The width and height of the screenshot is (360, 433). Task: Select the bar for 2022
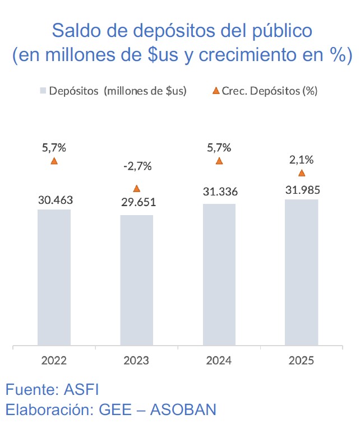point(54,277)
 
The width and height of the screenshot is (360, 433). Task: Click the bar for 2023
point(136,280)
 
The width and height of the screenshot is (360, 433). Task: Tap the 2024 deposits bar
point(219,274)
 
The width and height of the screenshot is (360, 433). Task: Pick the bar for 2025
point(302,273)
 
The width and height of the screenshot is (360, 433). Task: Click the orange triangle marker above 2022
point(54,161)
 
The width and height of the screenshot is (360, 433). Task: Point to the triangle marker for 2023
point(136,189)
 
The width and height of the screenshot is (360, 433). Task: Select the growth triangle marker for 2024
point(219,161)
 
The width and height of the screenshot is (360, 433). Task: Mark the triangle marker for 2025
point(302,173)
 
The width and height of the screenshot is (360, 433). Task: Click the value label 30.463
point(56,199)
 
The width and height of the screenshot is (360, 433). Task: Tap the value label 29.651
point(138,202)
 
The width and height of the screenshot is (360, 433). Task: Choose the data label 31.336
point(220,192)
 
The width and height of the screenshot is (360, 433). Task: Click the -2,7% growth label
point(137,166)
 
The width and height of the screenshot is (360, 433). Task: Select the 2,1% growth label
point(301,160)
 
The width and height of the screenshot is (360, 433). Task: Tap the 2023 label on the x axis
point(136,360)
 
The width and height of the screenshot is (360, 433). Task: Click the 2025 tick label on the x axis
point(302,360)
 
